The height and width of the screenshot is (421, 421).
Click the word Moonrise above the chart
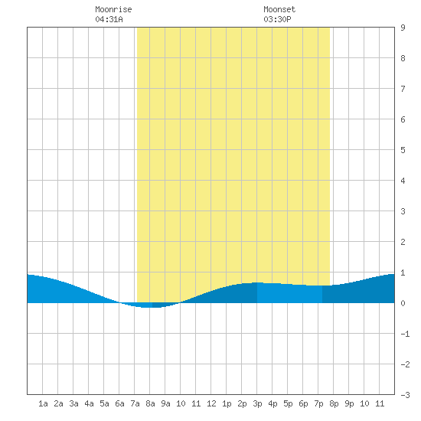pyautogui.click(x=113, y=9)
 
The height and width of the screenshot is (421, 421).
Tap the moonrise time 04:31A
pyautogui.click(x=109, y=19)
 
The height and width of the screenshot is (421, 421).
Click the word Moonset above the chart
pyautogui.click(x=279, y=9)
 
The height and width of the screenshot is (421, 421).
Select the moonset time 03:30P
pyautogui.click(x=277, y=19)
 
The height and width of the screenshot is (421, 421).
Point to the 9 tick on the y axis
pyautogui.click(x=403, y=28)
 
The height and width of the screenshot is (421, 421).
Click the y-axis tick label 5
pyautogui.click(x=403, y=150)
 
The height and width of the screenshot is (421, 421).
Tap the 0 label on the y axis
pyautogui.click(x=403, y=303)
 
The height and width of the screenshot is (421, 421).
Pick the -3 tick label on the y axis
pyautogui.click(x=405, y=395)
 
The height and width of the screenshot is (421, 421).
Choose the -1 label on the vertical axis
pyautogui.click(x=405, y=334)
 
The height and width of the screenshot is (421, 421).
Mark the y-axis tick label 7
pyautogui.click(x=403, y=89)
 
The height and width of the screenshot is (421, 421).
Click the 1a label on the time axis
pyautogui.click(x=43, y=403)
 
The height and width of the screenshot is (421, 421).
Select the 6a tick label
pyautogui.click(x=119, y=403)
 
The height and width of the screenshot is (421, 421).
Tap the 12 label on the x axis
pyautogui.click(x=211, y=403)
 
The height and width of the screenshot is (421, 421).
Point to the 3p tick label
pyautogui.click(x=257, y=403)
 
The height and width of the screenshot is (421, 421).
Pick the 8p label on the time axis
pyautogui.click(x=334, y=403)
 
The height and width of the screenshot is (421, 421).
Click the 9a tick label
pyautogui.click(x=165, y=403)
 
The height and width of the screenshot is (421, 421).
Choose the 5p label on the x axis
pyautogui.click(x=288, y=403)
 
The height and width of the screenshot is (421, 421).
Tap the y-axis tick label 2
pyautogui.click(x=403, y=242)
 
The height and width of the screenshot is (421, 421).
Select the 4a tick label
pyautogui.click(x=89, y=403)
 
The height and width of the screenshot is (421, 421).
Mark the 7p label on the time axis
pyautogui.click(x=318, y=403)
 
